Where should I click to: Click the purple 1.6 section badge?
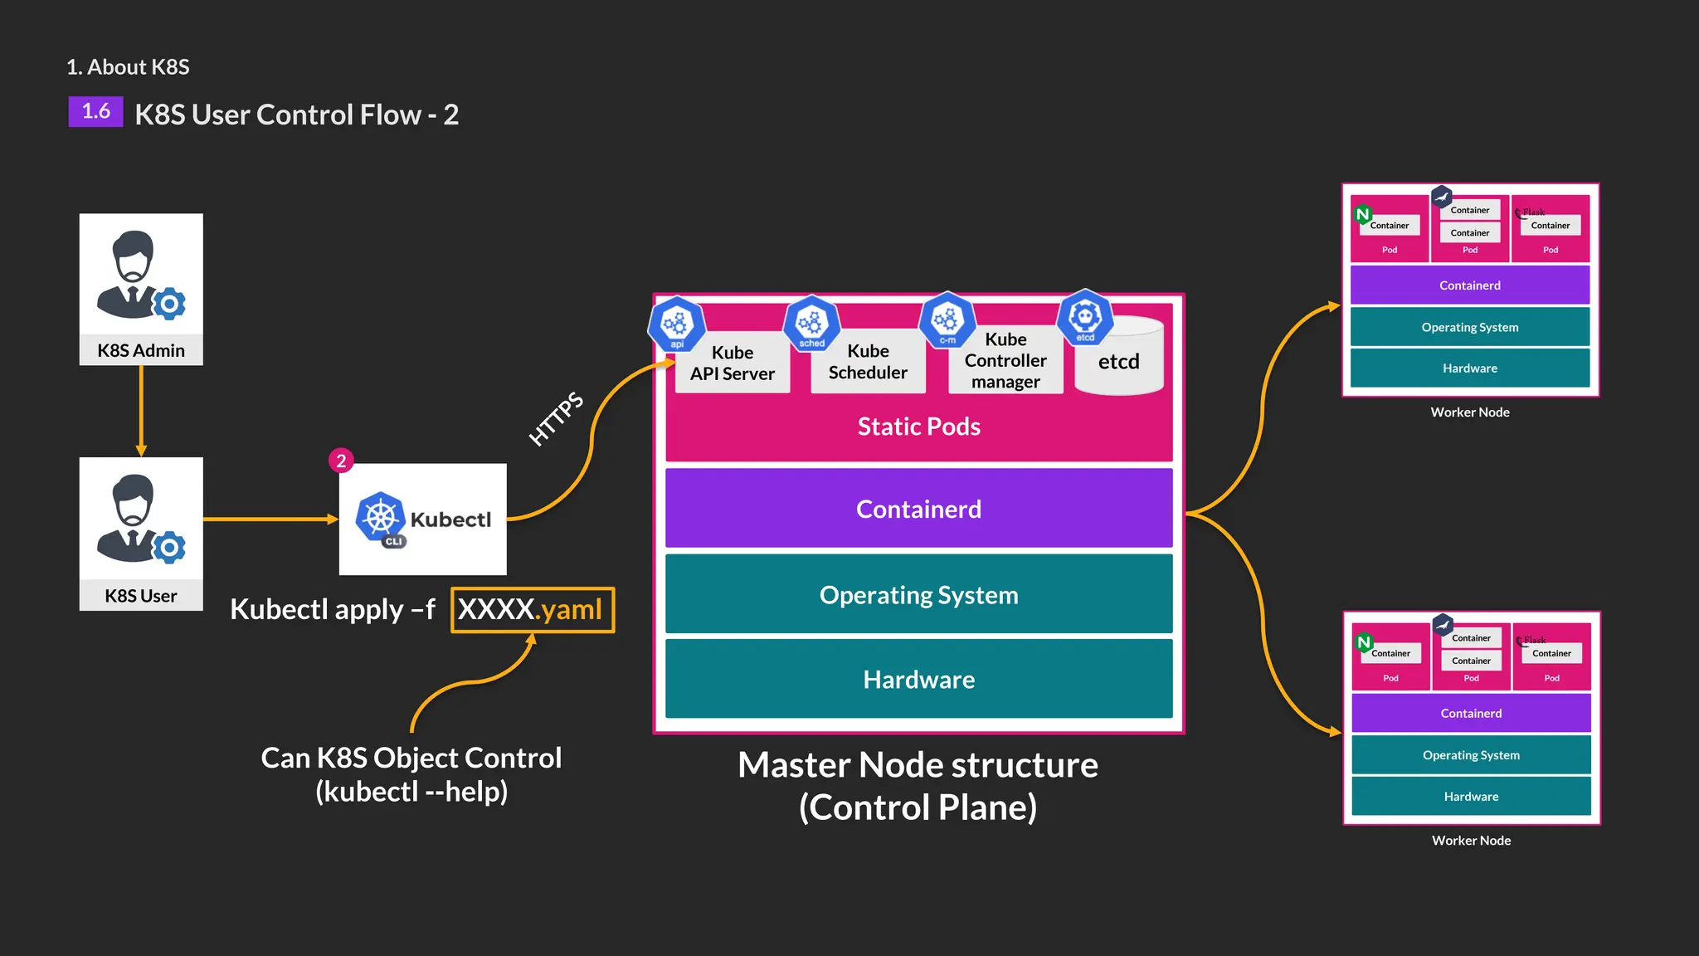tap(95, 112)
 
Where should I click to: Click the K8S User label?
tap(140, 596)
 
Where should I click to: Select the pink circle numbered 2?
tap(341, 461)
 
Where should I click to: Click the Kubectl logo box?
tap(422, 519)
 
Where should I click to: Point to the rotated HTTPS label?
tap(556, 418)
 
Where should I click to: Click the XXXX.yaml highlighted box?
tap(533, 610)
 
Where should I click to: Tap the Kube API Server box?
tap(733, 363)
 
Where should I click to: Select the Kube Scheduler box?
tap(868, 362)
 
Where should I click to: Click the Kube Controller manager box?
tap(1005, 361)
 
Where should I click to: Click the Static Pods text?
tap(918, 427)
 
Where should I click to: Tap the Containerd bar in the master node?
tap(918, 509)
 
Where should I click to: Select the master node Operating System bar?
tap(918, 595)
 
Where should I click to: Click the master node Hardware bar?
tap(918, 680)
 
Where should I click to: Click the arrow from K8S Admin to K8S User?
tap(141, 411)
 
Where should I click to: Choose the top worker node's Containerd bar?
tap(1469, 285)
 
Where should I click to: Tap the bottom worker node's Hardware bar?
tap(1471, 797)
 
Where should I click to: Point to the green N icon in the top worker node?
tap(1362, 215)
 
